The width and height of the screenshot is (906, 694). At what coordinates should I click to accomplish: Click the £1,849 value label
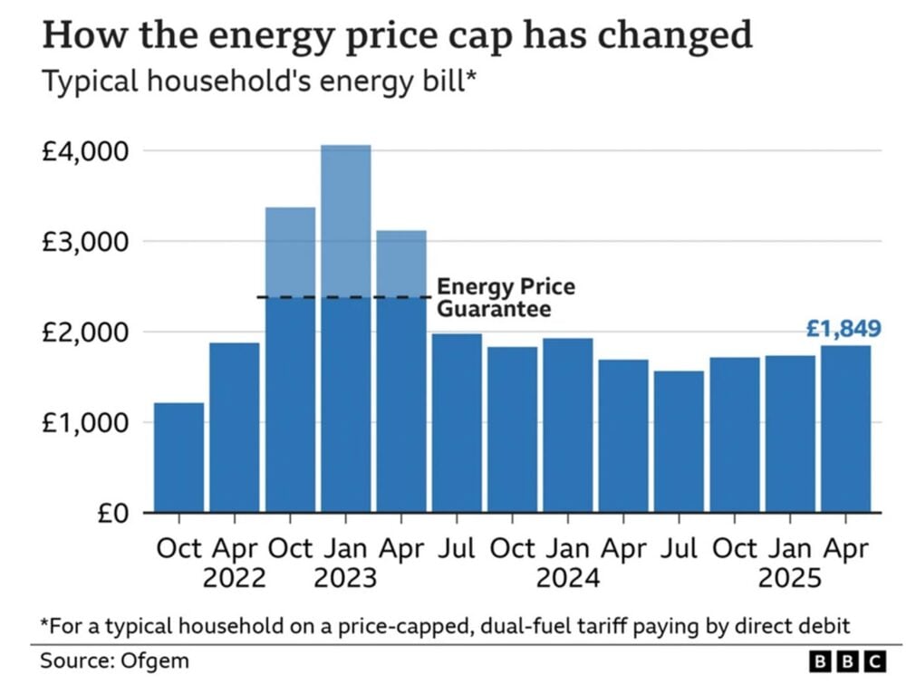coord(843,329)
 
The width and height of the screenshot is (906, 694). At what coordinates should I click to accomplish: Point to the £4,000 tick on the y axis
coord(85,150)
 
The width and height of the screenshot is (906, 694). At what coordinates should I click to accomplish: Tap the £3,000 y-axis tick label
coord(85,242)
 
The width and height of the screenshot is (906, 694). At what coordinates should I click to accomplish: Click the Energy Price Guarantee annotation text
coord(506,298)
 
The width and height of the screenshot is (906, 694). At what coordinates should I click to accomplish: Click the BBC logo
coord(845,662)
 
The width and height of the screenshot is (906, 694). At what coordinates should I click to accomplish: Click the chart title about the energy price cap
coord(397,35)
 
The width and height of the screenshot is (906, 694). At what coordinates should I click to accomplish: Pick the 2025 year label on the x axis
coord(788,578)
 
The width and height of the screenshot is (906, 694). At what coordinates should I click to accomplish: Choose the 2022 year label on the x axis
coord(235,578)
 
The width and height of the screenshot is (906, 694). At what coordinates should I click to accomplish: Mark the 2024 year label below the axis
coord(567,578)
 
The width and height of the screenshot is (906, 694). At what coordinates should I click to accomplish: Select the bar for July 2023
coord(457,422)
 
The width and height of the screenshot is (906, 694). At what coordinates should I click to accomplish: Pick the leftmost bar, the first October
coord(178,458)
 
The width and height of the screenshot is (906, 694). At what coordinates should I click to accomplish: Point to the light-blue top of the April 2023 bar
coord(401,263)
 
